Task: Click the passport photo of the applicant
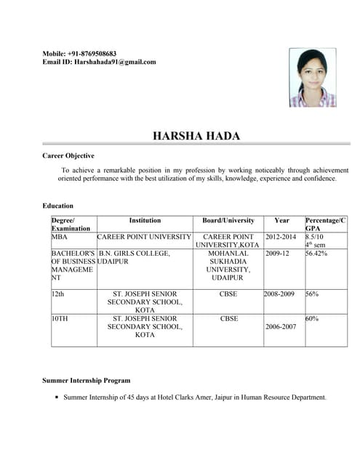(x=313, y=78)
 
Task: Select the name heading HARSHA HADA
(x=196, y=136)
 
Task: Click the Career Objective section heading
(x=68, y=155)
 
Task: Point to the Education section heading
(x=57, y=206)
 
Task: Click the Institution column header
(x=145, y=220)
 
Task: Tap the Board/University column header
(x=228, y=220)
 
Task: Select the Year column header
(x=281, y=220)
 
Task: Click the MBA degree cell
(x=58, y=237)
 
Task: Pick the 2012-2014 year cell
(x=281, y=237)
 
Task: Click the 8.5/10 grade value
(x=315, y=237)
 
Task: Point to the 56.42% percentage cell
(x=316, y=254)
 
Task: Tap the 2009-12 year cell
(x=278, y=254)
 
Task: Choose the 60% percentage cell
(x=312, y=318)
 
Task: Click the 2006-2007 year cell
(x=281, y=327)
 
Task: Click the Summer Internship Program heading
(x=87, y=380)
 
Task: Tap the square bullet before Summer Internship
(x=56, y=397)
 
